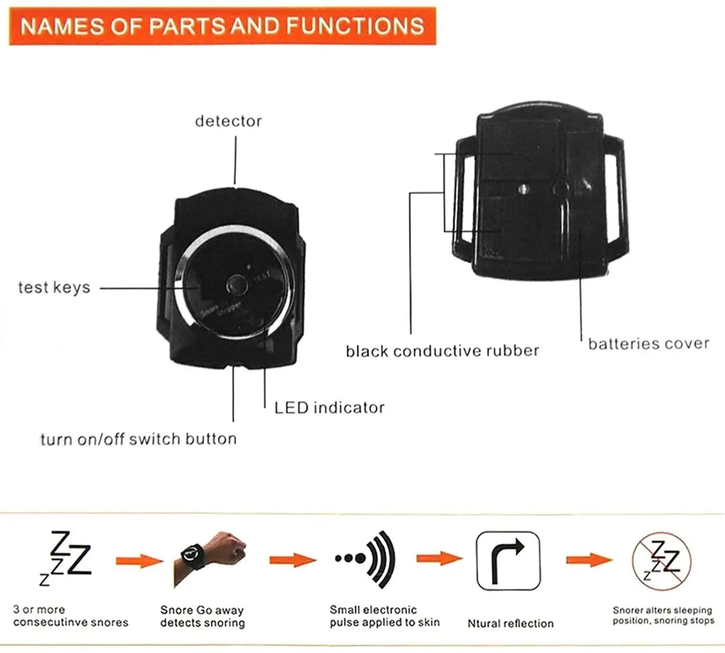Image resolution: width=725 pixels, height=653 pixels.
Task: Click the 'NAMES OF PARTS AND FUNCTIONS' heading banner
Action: [x=222, y=26]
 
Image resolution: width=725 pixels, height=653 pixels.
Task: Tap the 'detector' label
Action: [x=228, y=121]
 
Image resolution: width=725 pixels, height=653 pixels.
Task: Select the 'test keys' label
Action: [x=54, y=288]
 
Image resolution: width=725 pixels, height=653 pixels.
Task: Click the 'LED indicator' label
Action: [x=329, y=408]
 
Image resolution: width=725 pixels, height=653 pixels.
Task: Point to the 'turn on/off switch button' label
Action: [x=138, y=439]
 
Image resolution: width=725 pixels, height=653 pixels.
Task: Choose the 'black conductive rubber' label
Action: [x=442, y=351]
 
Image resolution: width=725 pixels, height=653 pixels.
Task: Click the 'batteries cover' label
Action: [x=649, y=344]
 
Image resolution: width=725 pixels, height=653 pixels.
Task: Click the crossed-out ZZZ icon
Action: [x=662, y=560]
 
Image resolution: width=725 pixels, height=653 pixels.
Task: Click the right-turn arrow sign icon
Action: [x=508, y=560]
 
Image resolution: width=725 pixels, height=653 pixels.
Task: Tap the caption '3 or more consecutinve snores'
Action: [x=70, y=616]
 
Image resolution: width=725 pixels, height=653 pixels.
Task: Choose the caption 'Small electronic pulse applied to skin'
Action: [x=384, y=616]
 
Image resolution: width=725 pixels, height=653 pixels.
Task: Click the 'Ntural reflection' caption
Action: [x=510, y=623]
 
